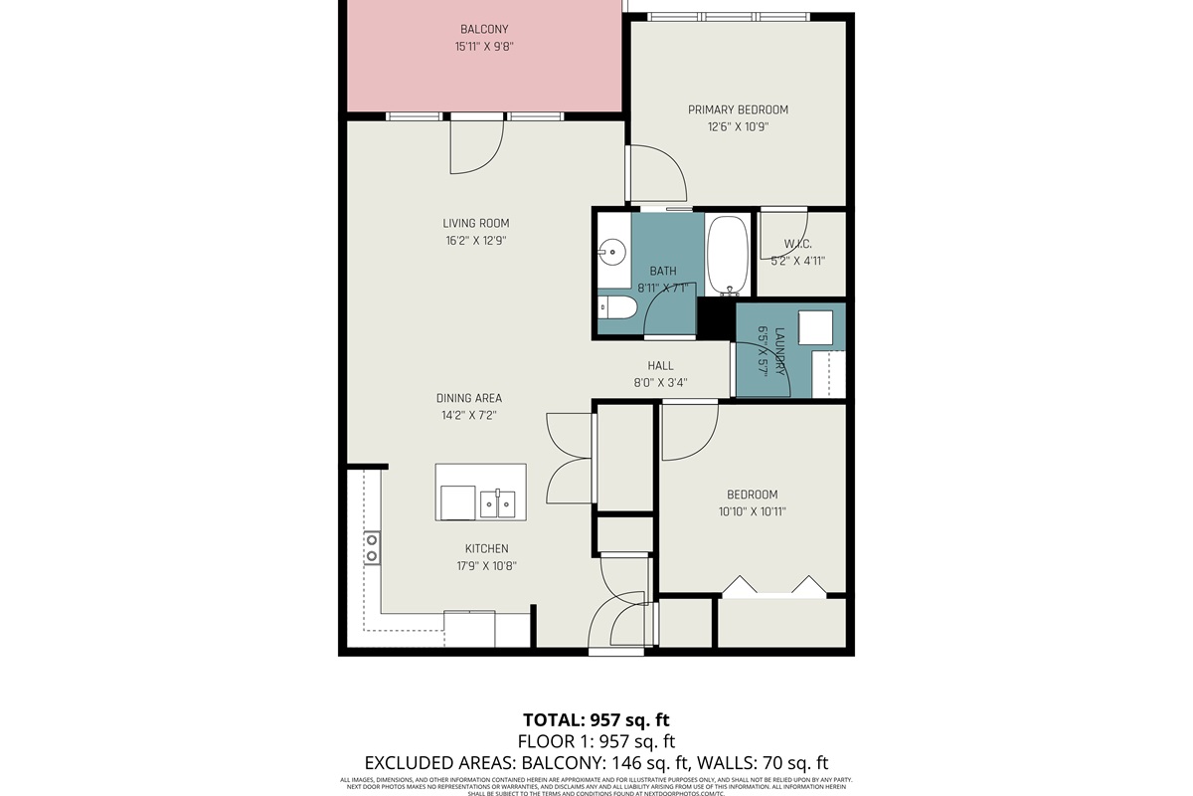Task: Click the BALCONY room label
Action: click(x=483, y=29)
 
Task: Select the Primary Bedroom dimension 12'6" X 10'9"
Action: click(x=738, y=127)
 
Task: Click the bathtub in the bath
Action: click(x=731, y=256)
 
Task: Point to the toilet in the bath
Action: click(x=617, y=308)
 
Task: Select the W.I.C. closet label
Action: click(x=798, y=244)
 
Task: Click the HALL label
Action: click(x=661, y=366)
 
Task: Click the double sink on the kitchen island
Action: click(x=498, y=503)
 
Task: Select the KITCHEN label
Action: click(x=487, y=548)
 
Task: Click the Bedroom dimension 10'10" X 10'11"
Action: click(x=752, y=511)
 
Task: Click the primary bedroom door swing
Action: click(x=656, y=174)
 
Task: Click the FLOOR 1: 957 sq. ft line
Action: click(x=596, y=741)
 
